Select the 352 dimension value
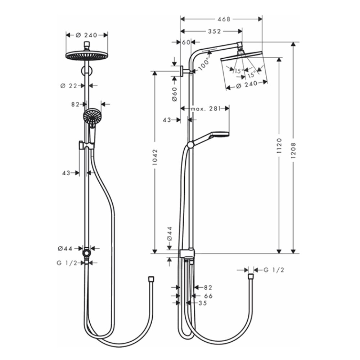click(x=214, y=31)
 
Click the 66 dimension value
click(x=208, y=296)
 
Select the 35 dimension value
click(x=203, y=303)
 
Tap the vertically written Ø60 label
click(x=174, y=94)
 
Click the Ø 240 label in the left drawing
click(x=87, y=35)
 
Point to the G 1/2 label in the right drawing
click(x=274, y=270)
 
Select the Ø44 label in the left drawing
click(x=65, y=248)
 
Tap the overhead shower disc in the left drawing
click(x=86, y=55)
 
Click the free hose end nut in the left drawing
click(x=151, y=279)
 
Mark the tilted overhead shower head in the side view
click(x=244, y=55)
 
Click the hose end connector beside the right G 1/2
click(x=251, y=277)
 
